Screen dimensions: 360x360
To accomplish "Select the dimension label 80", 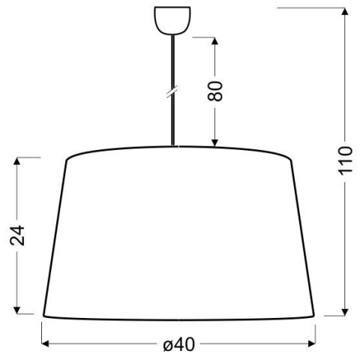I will coord(215,91).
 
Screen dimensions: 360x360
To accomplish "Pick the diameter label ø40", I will coord(178,344).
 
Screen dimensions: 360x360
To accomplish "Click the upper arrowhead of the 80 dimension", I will coord(215,39).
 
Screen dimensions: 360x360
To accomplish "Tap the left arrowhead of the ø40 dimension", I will coord(44,344).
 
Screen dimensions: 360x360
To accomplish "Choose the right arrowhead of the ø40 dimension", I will coord(314,344).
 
